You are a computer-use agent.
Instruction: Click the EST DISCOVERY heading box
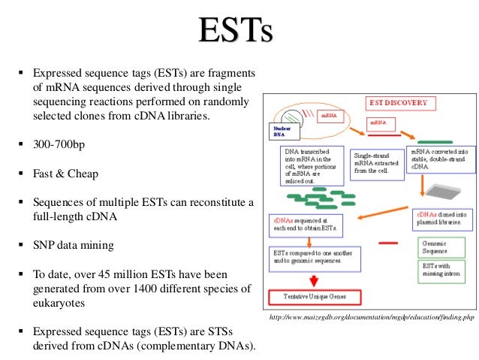(x=397, y=102)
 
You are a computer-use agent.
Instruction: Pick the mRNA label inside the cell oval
(x=328, y=116)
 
